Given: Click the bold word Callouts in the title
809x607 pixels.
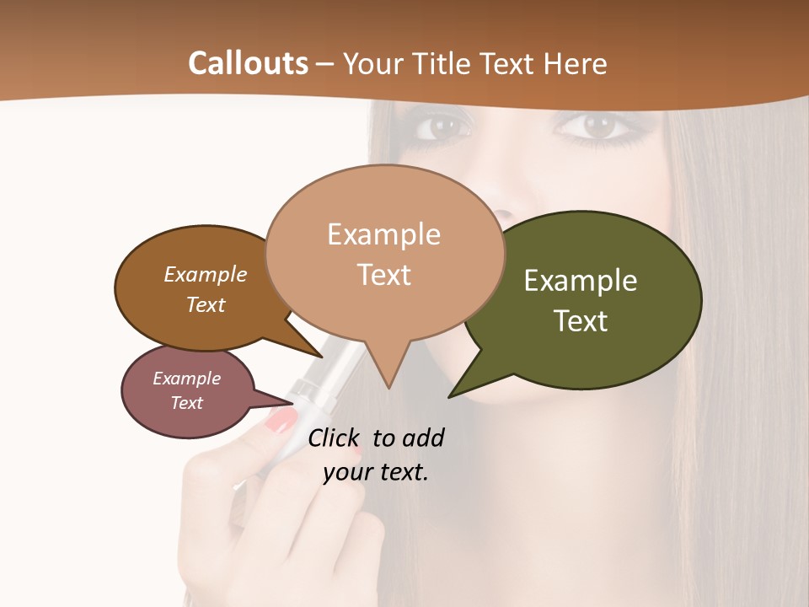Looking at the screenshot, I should pyautogui.click(x=248, y=63).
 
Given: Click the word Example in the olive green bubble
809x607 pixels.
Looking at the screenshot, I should pyautogui.click(x=581, y=281).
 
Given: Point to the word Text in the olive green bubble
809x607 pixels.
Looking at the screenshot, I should pyautogui.click(x=581, y=321).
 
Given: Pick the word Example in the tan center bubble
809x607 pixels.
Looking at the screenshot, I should pyautogui.click(x=383, y=234).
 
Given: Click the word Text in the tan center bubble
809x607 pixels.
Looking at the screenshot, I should pyautogui.click(x=383, y=275).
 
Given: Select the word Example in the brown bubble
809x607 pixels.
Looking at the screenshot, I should pyautogui.click(x=205, y=274).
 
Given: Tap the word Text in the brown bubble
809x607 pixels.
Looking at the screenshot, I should pyautogui.click(x=205, y=304).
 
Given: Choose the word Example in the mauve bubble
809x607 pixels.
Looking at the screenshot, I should pyautogui.click(x=186, y=379).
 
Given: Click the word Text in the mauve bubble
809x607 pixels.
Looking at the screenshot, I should pyautogui.click(x=186, y=403).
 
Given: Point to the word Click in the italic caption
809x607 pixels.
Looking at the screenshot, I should pyautogui.click(x=336, y=438).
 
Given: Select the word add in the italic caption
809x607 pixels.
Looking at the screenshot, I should pyautogui.click(x=422, y=438).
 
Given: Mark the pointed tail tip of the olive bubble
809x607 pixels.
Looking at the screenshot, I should pyautogui.click(x=450, y=396).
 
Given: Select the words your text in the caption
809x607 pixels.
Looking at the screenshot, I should pyautogui.click(x=375, y=472).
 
